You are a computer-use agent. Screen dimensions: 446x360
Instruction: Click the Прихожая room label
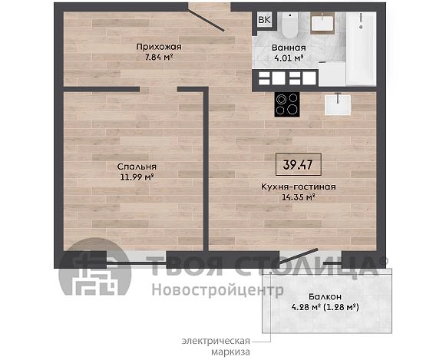pyautogui.click(x=159, y=47)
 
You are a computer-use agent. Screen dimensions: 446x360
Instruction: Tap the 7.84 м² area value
pyautogui.click(x=159, y=57)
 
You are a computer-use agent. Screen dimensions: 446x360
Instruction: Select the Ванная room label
pyautogui.click(x=289, y=48)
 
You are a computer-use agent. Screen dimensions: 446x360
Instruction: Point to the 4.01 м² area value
pyautogui.click(x=289, y=58)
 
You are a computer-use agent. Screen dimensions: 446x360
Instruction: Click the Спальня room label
pyautogui.click(x=137, y=167)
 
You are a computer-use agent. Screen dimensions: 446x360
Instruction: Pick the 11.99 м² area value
pyautogui.click(x=137, y=177)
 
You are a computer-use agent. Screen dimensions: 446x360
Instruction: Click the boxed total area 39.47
pyautogui.click(x=298, y=164)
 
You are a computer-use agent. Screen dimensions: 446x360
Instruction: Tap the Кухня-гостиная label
pyautogui.click(x=299, y=187)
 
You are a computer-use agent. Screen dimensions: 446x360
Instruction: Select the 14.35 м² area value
pyautogui.click(x=299, y=197)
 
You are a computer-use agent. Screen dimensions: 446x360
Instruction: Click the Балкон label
pyautogui.click(x=325, y=297)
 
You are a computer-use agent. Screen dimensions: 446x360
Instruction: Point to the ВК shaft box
pyautogui.click(x=264, y=20)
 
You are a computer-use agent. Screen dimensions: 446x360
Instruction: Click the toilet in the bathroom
pyautogui.click(x=289, y=25)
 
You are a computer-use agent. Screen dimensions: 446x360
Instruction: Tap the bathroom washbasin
pyautogui.click(x=322, y=23)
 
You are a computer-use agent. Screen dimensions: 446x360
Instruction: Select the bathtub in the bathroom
pyautogui.click(x=361, y=48)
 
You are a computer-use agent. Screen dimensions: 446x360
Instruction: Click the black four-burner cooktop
pyautogui.click(x=287, y=104)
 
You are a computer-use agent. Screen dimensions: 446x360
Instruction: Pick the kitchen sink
pyautogui.click(x=338, y=104)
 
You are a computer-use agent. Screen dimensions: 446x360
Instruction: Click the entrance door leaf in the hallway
pyautogui.click(x=206, y=20)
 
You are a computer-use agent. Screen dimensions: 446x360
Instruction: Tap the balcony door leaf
pyautogui.click(x=298, y=257)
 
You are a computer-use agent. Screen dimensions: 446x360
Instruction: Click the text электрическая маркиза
pyautogui.click(x=216, y=346)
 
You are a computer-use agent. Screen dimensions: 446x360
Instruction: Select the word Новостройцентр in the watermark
pyautogui.click(x=217, y=290)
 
